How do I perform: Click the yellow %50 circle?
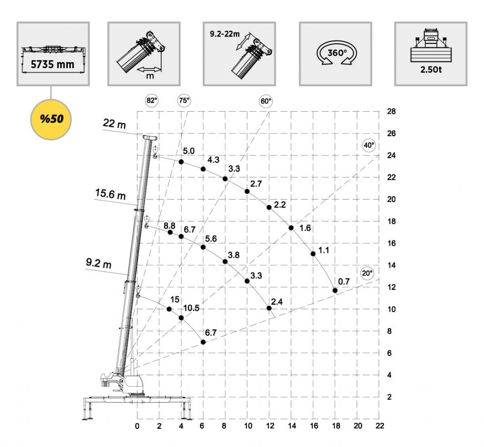pyautogui.click(x=51, y=119)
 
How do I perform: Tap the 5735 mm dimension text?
pyautogui.click(x=52, y=64)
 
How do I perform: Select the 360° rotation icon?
pyautogui.click(x=337, y=53)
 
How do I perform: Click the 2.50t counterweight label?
pyautogui.click(x=431, y=70)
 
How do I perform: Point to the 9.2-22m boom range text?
pyautogui.click(x=225, y=34)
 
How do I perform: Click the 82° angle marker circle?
pyautogui.click(x=152, y=100)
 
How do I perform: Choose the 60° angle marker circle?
pyautogui.click(x=266, y=101)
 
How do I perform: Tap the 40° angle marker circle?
pyautogui.click(x=369, y=145)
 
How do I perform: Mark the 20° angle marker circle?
pyautogui.click(x=367, y=273)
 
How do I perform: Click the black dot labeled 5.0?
pyautogui.click(x=181, y=162)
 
